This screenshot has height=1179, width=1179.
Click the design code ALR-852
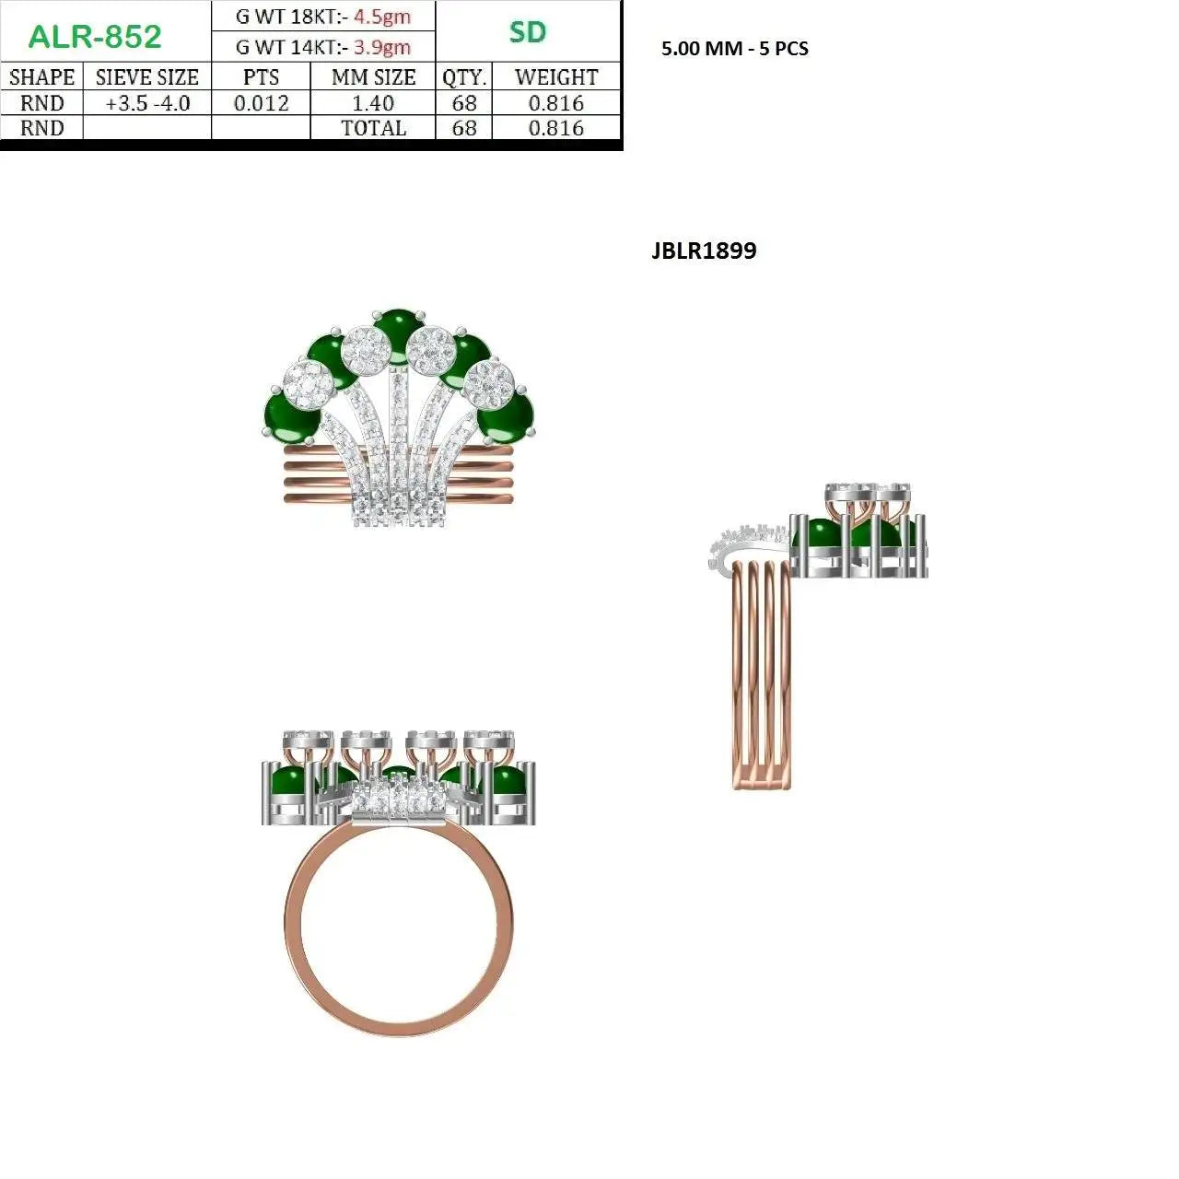pyautogui.click(x=95, y=36)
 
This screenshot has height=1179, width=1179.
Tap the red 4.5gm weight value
pyautogui.click(x=381, y=17)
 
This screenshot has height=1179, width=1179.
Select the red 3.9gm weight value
pyautogui.click(x=381, y=46)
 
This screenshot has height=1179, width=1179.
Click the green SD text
pyautogui.click(x=527, y=32)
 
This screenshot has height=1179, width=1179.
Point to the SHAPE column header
pyautogui.click(x=41, y=77)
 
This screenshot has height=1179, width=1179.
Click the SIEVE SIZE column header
pyautogui.click(x=146, y=77)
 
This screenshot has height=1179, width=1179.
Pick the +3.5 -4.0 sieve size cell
pyautogui.click(x=147, y=103)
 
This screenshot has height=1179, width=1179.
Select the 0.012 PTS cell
pyautogui.click(x=262, y=103)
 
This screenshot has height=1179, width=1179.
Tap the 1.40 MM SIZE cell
pyautogui.click(x=373, y=103)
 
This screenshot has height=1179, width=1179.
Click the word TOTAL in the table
pyautogui.click(x=373, y=128)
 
